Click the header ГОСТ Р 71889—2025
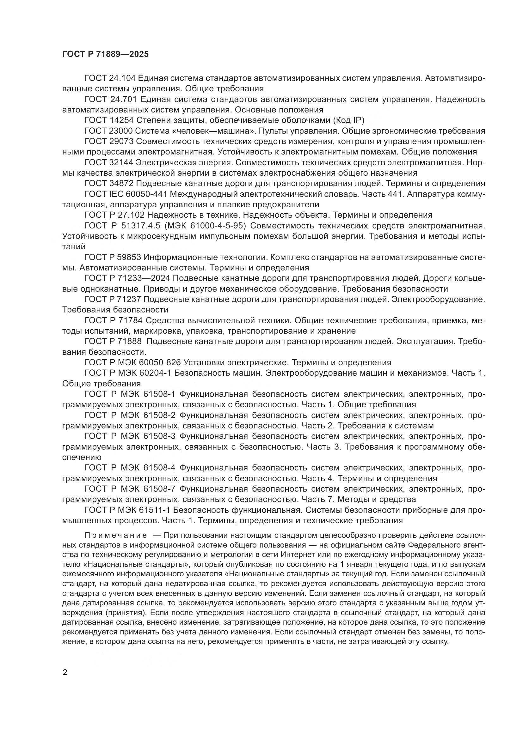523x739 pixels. coord(105,54)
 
